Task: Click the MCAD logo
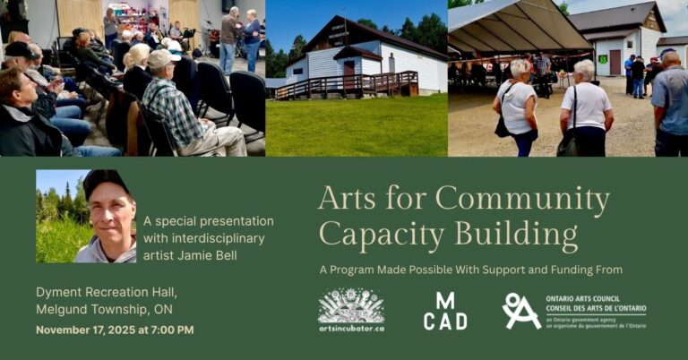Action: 445,312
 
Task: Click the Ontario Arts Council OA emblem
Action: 520,311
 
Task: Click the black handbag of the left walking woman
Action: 502,126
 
